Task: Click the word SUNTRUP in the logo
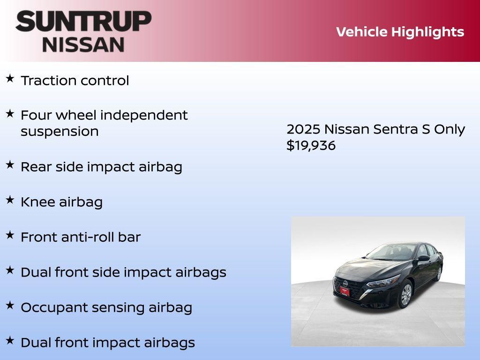83,22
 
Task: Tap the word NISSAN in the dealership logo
83,44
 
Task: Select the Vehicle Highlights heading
400,32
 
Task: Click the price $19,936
311,146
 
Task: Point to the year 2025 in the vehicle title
303,129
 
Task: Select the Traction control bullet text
75,81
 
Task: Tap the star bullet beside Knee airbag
10,200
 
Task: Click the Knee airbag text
61,202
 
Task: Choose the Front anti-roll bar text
81,237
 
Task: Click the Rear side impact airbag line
101,167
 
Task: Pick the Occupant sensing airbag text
106,308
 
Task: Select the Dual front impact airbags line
108,343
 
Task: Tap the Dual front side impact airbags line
123,272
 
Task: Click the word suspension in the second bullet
60,132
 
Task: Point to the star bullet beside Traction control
10,78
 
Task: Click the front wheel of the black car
405,295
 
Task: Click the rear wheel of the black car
439,273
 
